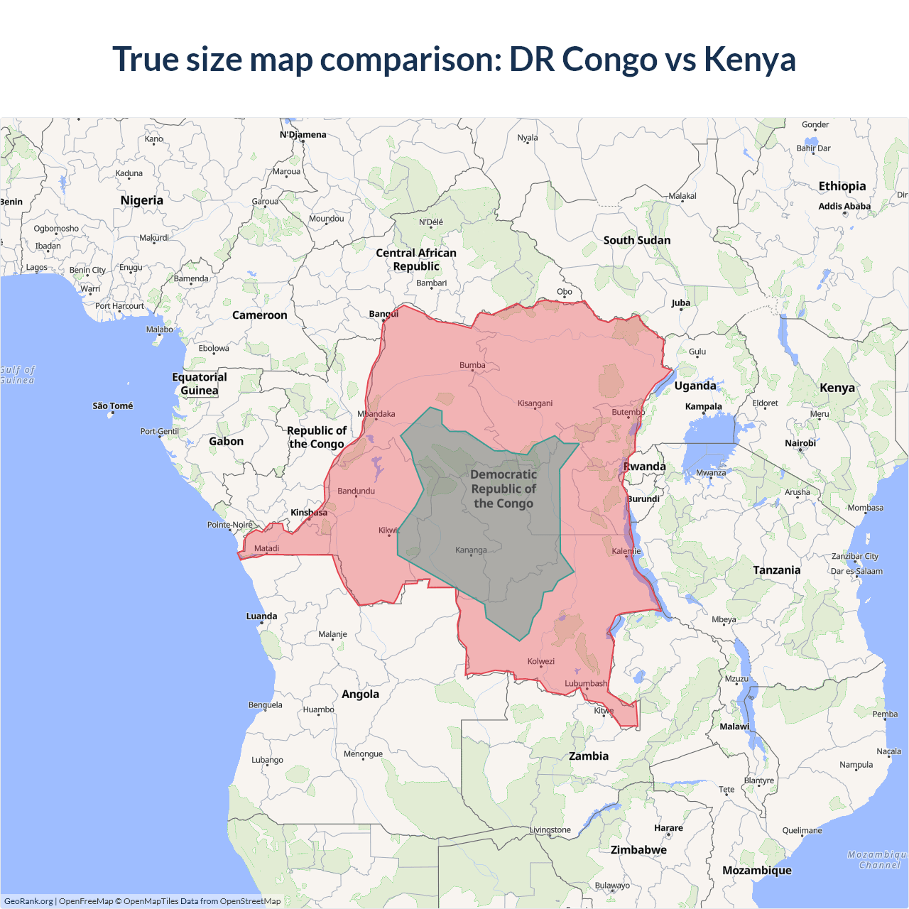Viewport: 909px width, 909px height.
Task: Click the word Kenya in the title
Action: pos(749,59)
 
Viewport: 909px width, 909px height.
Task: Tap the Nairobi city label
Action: pos(800,443)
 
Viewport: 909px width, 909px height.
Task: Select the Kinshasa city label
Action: pos(309,512)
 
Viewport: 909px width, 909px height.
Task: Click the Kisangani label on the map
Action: pos(535,403)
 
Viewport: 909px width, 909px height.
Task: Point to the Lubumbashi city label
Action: pos(586,683)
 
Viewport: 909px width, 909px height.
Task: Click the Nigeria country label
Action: pos(142,200)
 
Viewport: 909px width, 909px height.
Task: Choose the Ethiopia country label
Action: pos(842,186)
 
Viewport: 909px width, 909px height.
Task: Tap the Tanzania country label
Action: pos(776,570)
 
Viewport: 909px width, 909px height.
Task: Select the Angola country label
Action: pos(360,694)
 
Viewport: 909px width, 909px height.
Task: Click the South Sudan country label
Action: pos(637,240)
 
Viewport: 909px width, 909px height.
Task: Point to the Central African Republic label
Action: pos(416,259)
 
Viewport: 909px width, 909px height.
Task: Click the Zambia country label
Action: pos(589,756)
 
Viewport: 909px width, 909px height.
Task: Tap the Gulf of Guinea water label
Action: pos(17,375)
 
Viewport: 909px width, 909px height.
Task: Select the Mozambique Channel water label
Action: pos(878,859)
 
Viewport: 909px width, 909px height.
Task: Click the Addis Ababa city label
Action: pos(844,206)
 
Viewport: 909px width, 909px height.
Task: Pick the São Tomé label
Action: pos(113,405)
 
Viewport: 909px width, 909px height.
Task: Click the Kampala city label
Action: pos(703,406)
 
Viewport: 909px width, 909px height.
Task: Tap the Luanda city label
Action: pos(261,616)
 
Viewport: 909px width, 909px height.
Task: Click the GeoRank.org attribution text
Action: pos(28,901)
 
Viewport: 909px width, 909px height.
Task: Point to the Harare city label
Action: pos(668,827)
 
